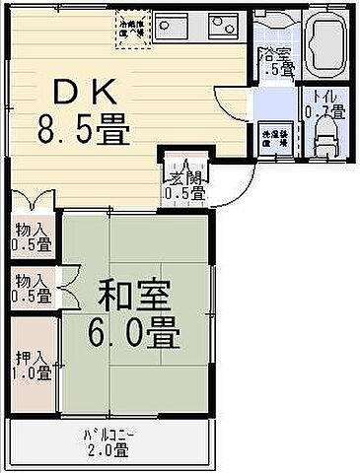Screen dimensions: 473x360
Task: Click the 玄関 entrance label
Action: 185,179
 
